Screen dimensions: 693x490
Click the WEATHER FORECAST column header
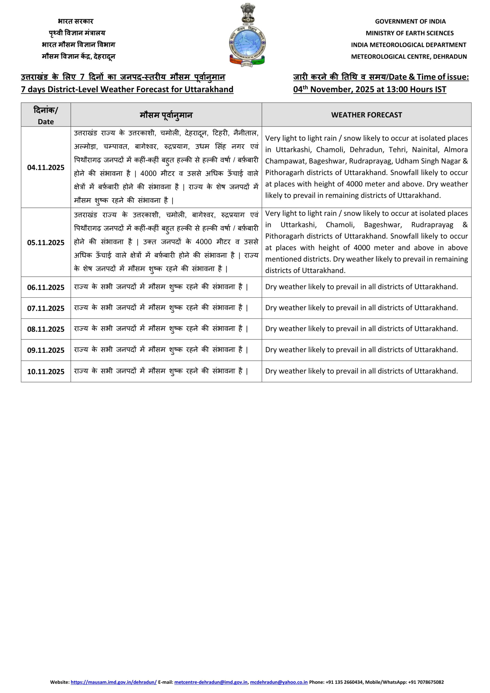click(366, 115)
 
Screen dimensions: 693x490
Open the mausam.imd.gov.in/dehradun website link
click(113, 682)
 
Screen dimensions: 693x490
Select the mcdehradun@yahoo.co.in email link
click(279, 682)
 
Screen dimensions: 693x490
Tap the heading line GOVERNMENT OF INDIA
click(410, 21)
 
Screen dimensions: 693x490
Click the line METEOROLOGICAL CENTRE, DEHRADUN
click(409, 57)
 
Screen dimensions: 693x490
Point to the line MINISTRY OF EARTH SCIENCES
click(409, 33)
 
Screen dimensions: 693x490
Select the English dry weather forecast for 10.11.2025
click(361, 371)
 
